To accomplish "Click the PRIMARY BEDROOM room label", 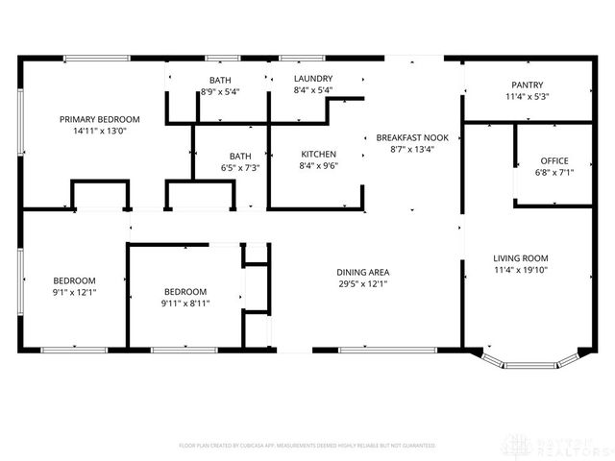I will click(x=99, y=119).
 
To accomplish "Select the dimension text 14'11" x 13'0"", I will click(x=99, y=131).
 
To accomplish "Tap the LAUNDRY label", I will click(x=312, y=79).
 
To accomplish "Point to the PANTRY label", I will click(x=527, y=85).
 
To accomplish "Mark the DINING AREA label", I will click(x=363, y=272).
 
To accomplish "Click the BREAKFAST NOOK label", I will click(x=412, y=137).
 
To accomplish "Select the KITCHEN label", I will click(x=319, y=154).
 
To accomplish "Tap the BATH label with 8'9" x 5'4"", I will click(x=219, y=80).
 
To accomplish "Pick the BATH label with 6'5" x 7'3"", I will click(x=239, y=156).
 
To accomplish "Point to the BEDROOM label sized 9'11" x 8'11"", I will click(x=185, y=292).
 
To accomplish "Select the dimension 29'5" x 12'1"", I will click(x=363, y=283).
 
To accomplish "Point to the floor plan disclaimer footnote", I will click(x=307, y=446).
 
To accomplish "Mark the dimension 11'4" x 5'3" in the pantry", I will click(x=527, y=96).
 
